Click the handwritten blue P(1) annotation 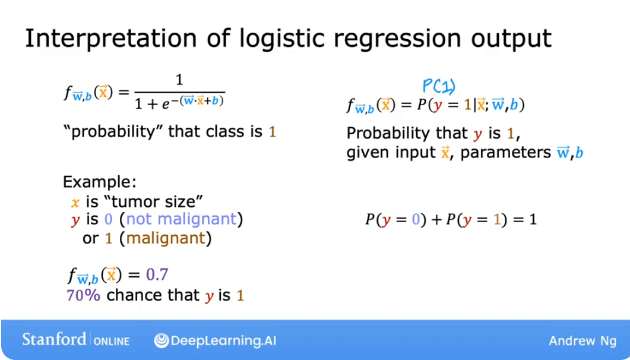coord(438,87)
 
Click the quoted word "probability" coord(113,131)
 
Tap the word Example coord(100,182)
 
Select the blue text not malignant coord(181,219)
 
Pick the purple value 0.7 coord(157,275)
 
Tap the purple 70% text coord(83,295)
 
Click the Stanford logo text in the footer coord(54,340)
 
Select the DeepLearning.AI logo coord(215,340)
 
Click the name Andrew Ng coord(582,340)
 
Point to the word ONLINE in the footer coord(110,341)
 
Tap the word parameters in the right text coord(506,153)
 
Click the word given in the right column coord(365,153)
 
